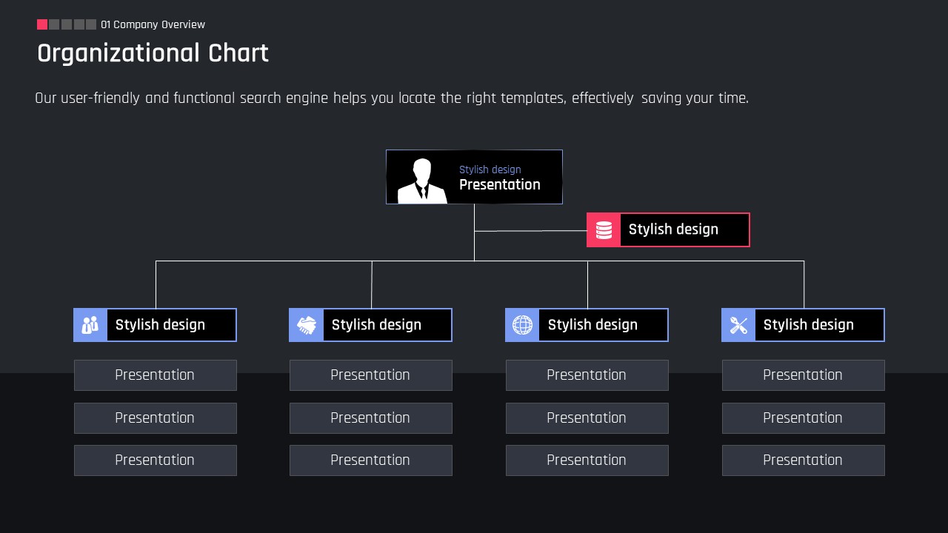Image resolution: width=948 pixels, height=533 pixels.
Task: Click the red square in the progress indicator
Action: [42, 24]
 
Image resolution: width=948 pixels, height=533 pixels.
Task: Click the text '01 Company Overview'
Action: [153, 24]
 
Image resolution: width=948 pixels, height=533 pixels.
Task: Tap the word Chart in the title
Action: [238, 53]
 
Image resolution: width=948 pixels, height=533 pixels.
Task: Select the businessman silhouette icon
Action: [422, 181]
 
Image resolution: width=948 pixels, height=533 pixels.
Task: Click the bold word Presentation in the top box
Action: [500, 184]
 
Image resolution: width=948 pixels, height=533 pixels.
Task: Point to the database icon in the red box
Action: [604, 230]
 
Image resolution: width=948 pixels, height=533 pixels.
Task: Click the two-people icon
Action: [90, 325]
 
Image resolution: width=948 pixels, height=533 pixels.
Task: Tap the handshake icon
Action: [307, 325]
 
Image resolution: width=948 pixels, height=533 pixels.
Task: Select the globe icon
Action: [523, 325]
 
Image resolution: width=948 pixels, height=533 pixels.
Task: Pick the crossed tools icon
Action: [738, 325]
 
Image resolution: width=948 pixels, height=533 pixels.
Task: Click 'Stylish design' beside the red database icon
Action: [673, 229]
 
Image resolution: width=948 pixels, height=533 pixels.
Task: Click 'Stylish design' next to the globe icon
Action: [592, 325]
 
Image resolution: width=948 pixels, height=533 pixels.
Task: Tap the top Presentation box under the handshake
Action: [371, 375]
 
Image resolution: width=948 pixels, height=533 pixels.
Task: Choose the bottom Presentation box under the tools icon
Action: [804, 460]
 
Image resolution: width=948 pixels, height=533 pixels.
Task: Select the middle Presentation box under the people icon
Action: [156, 418]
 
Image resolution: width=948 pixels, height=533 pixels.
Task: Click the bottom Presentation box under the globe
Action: [587, 460]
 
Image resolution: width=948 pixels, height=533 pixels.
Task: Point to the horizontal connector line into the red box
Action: [531, 231]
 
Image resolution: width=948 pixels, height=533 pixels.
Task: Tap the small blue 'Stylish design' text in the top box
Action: [490, 170]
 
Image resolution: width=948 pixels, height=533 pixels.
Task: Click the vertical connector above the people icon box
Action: [156, 285]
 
